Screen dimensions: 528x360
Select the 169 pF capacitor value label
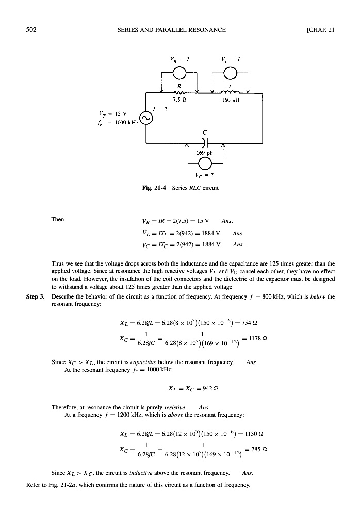pos(204,153)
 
